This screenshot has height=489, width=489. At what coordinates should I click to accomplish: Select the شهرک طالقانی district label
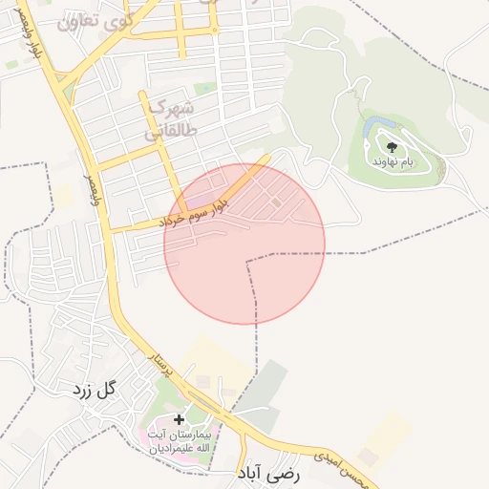coord(172,119)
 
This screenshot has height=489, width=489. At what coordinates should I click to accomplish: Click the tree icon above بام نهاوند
coord(393,147)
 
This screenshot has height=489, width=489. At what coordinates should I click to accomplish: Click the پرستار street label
coord(156,361)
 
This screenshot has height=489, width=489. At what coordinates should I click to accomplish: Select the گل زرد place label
coord(93,390)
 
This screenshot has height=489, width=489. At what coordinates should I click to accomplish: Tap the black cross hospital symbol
coord(179,419)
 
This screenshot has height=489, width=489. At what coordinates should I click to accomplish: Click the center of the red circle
coord(244,244)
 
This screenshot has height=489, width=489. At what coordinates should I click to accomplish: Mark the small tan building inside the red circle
coord(276,202)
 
